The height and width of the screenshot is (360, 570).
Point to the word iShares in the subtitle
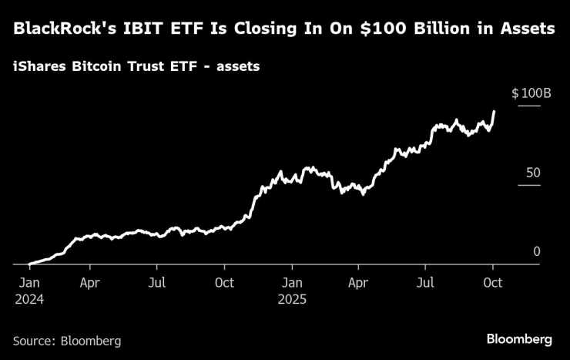39,66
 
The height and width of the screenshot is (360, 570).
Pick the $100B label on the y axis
531,93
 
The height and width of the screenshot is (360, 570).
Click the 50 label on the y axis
533,173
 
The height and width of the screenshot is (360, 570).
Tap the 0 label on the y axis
537,251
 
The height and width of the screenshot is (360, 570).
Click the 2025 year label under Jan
291,300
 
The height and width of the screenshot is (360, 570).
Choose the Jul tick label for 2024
156,283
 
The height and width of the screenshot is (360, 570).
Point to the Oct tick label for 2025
492,283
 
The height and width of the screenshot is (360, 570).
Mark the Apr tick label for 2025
357,283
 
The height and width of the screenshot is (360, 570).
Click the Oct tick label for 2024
225,283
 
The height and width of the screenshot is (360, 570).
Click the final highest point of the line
494,111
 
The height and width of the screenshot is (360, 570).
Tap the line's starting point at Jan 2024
29,264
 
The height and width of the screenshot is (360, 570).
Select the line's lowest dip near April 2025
363,193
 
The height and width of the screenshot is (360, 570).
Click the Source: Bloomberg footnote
67,340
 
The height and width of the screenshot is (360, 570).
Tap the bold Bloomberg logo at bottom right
518,339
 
